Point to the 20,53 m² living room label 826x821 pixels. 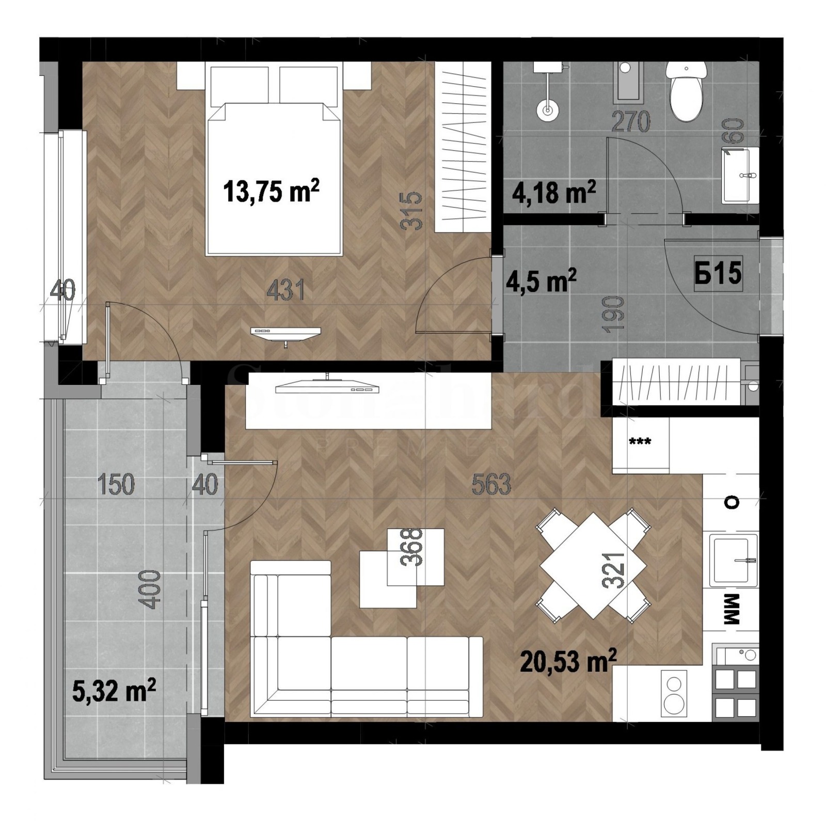(x=568, y=661)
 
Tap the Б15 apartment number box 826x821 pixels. (x=718, y=273)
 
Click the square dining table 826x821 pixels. (x=593, y=565)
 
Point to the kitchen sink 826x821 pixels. (x=733, y=561)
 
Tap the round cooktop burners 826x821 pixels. (x=674, y=692)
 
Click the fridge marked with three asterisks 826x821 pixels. (x=640, y=443)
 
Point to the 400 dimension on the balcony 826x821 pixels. (x=151, y=590)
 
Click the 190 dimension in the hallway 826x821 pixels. (x=615, y=314)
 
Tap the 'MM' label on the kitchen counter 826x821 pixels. (x=733, y=610)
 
